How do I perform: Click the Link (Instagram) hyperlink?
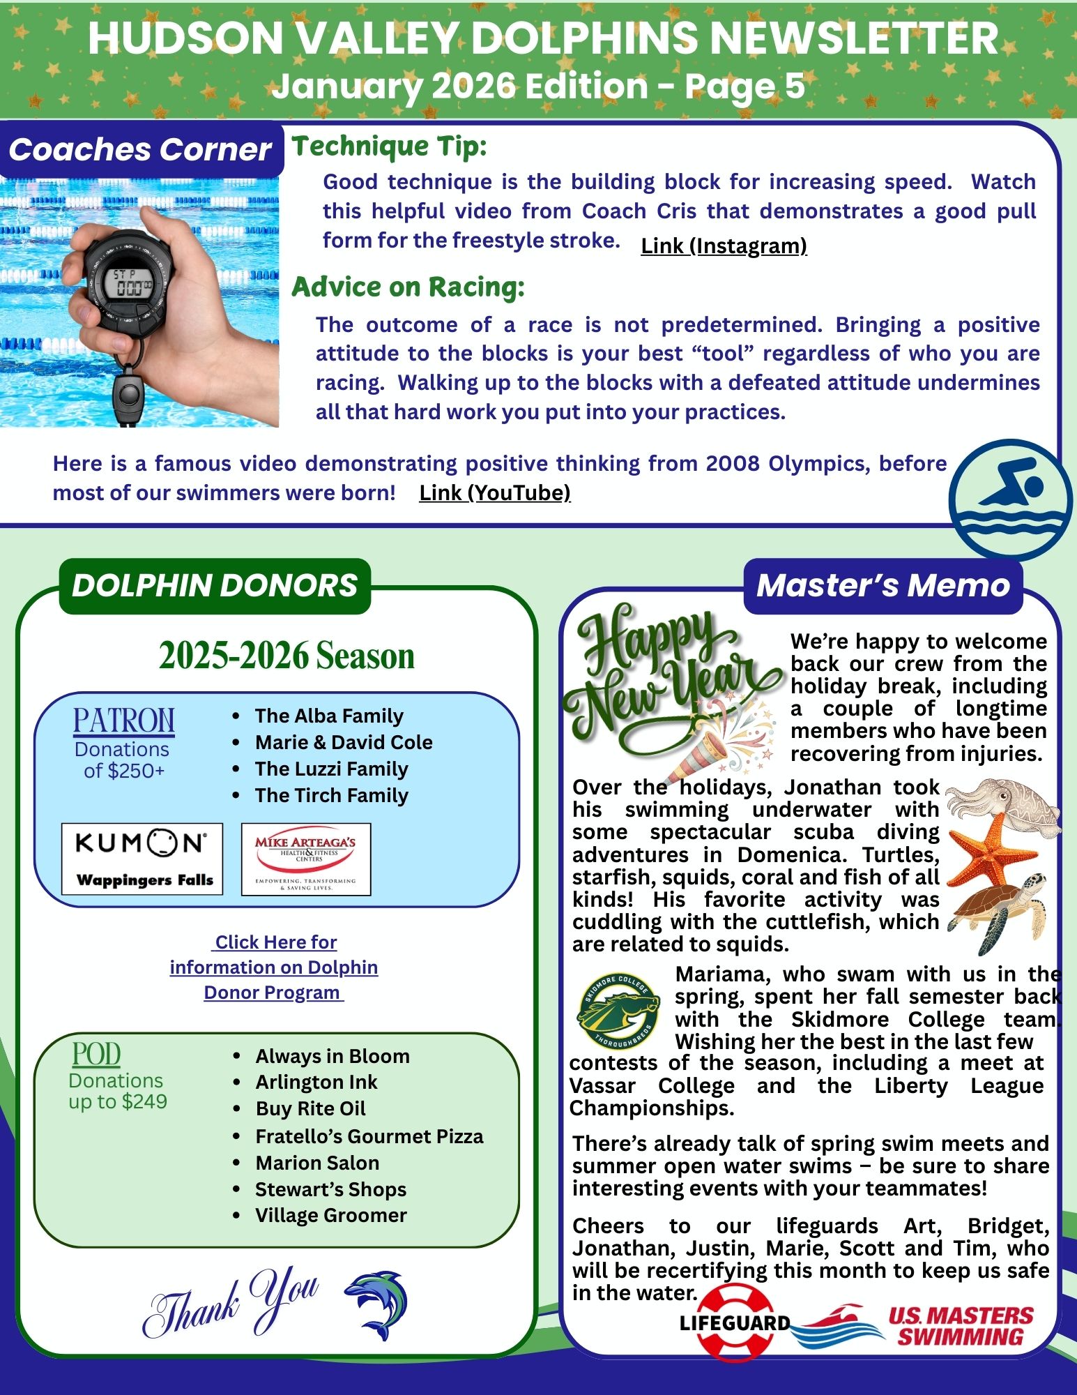click(x=724, y=246)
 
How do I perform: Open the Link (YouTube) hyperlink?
click(x=494, y=493)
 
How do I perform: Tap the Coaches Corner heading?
click(x=140, y=150)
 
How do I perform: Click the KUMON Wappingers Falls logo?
click(x=142, y=859)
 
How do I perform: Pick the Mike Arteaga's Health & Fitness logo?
click(x=306, y=859)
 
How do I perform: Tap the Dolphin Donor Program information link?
click(x=274, y=967)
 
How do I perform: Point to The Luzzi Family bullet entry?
click(x=331, y=769)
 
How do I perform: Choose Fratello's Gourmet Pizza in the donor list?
click(x=369, y=1136)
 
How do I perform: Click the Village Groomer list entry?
click(x=330, y=1215)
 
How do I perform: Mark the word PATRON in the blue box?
click(x=124, y=721)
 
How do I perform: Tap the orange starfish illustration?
click(x=983, y=849)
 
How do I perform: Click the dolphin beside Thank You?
click(x=377, y=1304)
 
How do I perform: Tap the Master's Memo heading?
click(x=883, y=586)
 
